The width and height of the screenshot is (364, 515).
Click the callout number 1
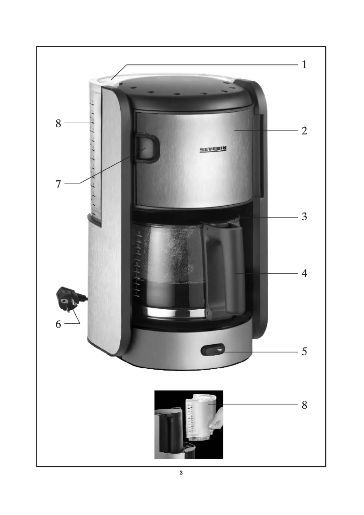coord(304,64)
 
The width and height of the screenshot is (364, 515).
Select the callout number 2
coord(304,131)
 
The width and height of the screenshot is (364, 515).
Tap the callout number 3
coord(304,217)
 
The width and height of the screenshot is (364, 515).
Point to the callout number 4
coord(304,273)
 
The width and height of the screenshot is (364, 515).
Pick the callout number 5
coord(304,352)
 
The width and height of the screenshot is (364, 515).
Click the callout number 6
coord(58,324)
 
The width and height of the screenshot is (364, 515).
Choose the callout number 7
coord(58,184)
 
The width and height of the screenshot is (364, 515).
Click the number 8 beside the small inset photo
coord(304,405)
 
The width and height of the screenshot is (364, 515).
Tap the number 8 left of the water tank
coord(58,124)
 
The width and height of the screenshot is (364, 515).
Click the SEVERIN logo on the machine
coord(213,149)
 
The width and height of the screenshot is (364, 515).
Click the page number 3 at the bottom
coord(181,473)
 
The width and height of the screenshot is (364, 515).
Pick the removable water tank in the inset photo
coord(200,417)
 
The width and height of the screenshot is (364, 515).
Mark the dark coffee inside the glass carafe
coord(174,294)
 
